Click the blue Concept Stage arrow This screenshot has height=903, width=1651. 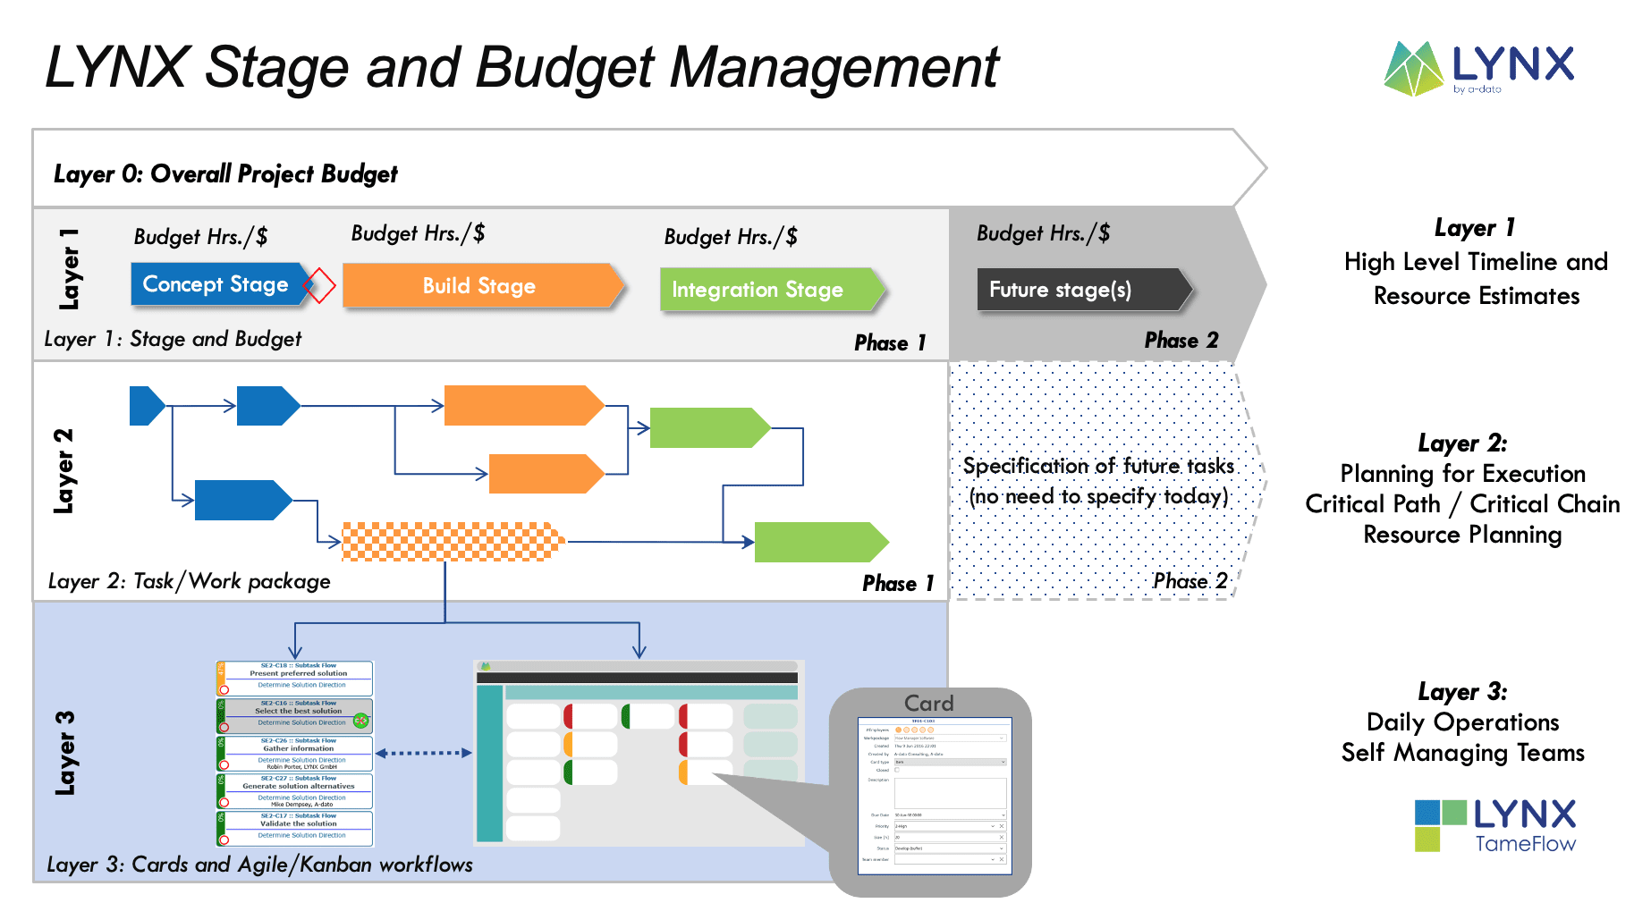216,284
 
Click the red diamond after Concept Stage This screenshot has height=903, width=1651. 319,286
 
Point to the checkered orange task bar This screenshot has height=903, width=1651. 452,542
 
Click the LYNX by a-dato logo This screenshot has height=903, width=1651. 1479,67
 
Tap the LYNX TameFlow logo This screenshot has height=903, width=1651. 1495,825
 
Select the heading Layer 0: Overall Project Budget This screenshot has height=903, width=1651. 225,173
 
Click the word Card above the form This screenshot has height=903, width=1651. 928,704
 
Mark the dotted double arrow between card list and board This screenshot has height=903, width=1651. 423,753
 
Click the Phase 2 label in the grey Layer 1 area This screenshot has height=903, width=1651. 1181,340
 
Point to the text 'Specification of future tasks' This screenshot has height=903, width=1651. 1098,466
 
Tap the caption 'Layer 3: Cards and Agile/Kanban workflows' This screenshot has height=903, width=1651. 259,865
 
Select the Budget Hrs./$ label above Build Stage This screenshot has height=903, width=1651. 418,233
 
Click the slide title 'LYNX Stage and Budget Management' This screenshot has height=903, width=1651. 521,67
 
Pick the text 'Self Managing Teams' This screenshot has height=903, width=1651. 1462,753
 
